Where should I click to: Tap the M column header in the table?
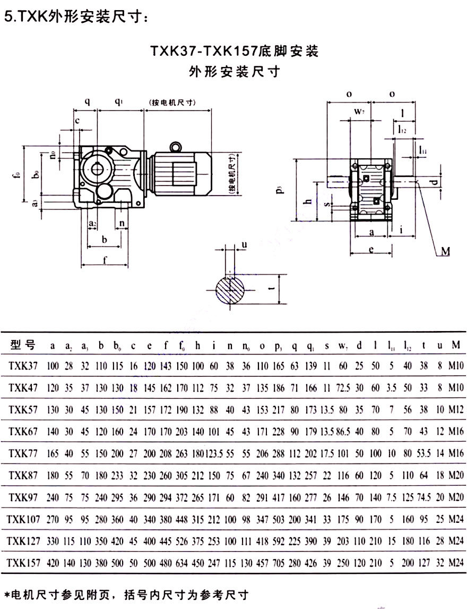pyautogui.click(x=455, y=345)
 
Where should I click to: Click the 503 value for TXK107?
pyautogui.click(x=279, y=519)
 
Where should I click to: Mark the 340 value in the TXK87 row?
pyautogui.click(x=279, y=475)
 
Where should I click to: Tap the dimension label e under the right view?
pyautogui.click(x=372, y=248)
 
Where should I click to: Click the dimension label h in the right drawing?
pyautogui.click(x=307, y=202)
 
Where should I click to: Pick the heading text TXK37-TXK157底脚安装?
pyautogui.click(x=234, y=52)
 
